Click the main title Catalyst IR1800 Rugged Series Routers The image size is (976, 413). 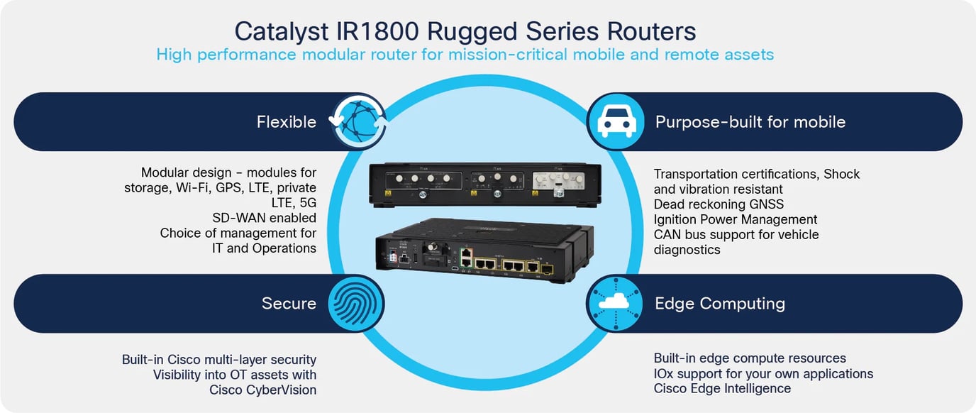tap(465, 31)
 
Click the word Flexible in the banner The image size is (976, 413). tap(287, 122)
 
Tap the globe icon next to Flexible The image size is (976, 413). tap(358, 121)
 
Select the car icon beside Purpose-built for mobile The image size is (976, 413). tap(616, 121)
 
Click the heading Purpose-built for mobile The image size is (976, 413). tap(750, 122)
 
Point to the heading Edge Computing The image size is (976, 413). tap(719, 304)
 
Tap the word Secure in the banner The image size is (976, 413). tap(289, 304)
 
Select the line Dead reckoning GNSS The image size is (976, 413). tap(719, 204)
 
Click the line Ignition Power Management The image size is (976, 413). tap(736, 219)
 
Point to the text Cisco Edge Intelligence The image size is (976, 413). tap(722, 388)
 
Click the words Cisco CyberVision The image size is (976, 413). tap(262, 390)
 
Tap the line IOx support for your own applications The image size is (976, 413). tap(763, 373)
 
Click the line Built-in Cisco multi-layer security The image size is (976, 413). tap(219, 360)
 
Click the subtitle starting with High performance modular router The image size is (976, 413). tap(465, 55)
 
